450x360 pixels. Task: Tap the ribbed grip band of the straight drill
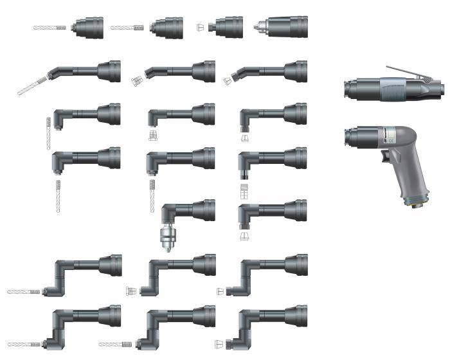(x=392, y=87)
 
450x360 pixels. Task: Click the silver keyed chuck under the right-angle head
(x=167, y=237)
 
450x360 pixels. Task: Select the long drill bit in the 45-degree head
(x=32, y=86)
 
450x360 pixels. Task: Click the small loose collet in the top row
(x=201, y=28)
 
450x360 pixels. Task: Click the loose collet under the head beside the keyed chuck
(x=245, y=237)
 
